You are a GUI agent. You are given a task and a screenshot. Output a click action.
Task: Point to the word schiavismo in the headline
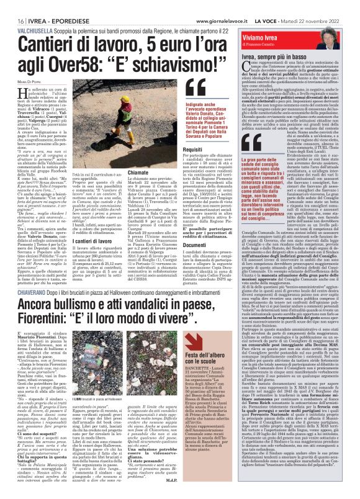coord(153,45)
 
